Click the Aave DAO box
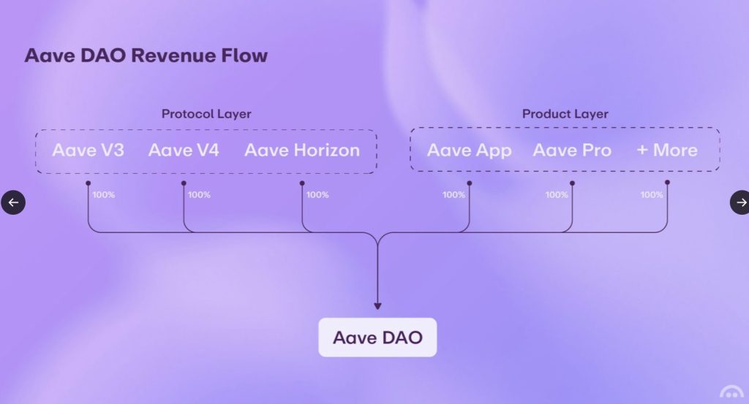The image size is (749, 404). pos(377,338)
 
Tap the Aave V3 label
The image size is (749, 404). pos(88,150)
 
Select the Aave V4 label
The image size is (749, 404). pos(184,150)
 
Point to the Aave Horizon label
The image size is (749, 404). pos(302,150)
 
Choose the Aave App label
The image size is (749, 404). pos(469,150)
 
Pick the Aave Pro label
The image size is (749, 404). pos(572,150)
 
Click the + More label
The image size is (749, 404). pos(667,150)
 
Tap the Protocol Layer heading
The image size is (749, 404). pos(206,114)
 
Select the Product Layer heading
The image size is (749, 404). pos(565,114)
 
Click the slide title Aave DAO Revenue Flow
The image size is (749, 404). pos(146,56)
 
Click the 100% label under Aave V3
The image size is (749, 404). pos(104,195)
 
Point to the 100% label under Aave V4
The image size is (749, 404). pos(199,195)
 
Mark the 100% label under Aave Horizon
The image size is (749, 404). pos(317,195)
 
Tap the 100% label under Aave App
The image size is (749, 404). pos(453,195)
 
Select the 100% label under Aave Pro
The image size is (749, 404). pos(557,195)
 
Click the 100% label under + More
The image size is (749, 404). pos(652,195)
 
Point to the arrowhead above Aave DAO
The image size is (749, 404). pos(377,306)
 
